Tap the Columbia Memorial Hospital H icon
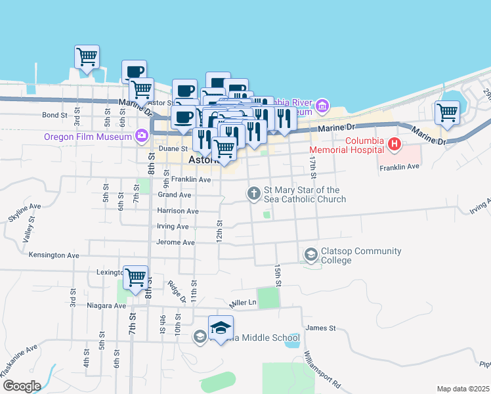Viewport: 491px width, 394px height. [394, 143]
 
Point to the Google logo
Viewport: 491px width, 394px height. [21, 385]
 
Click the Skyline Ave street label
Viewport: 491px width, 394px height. [26, 206]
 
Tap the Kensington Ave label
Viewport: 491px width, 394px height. [54, 255]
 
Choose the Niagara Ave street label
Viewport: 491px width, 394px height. [106, 305]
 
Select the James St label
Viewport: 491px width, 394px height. [320, 328]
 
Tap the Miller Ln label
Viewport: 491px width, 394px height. [242, 303]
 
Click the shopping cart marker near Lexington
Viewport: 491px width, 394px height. [135, 278]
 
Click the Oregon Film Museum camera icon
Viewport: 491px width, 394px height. [141, 136]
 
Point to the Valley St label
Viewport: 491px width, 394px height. [28, 231]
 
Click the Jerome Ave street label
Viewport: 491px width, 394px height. [176, 242]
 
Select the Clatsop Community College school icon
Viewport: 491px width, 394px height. [310, 253]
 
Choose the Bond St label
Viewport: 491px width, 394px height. [55, 115]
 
